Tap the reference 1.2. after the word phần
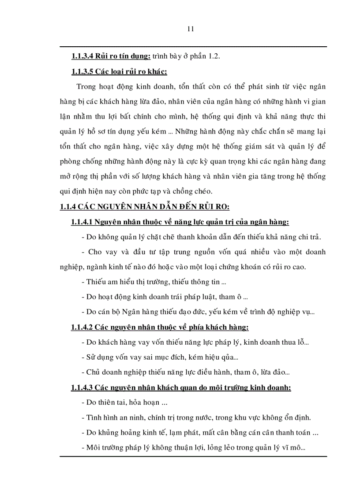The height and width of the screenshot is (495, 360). click(x=213, y=56)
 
